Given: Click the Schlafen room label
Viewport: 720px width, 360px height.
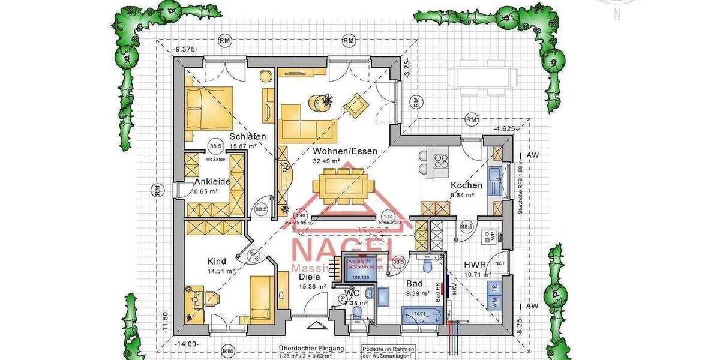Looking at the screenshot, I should pyautogui.click(x=247, y=137).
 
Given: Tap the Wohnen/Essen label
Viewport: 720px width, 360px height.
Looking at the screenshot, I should pyautogui.click(x=345, y=151).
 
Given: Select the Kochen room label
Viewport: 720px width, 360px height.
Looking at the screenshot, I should pyautogui.click(x=467, y=185).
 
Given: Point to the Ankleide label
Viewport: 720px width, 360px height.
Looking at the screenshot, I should pyautogui.click(x=212, y=182).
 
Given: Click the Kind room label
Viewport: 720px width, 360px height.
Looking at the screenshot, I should pyautogui.click(x=217, y=262).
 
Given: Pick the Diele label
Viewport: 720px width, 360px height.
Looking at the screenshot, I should pyautogui.click(x=309, y=277).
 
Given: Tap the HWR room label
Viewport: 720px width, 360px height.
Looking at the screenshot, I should pyautogui.click(x=475, y=265).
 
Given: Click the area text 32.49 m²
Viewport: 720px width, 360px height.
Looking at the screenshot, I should pyautogui.click(x=326, y=161).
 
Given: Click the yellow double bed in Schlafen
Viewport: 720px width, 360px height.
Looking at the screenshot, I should pyautogui.click(x=208, y=108).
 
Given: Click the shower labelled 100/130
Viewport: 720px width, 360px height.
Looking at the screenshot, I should pyautogui.click(x=361, y=268).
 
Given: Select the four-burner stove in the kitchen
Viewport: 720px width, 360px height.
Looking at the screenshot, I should pyautogui.click(x=441, y=160).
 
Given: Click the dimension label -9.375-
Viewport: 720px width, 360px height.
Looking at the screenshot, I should pyautogui.click(x=185, y=50).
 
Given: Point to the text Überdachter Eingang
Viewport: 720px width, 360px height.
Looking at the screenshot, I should pyautogui.click(x=311, y=349).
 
